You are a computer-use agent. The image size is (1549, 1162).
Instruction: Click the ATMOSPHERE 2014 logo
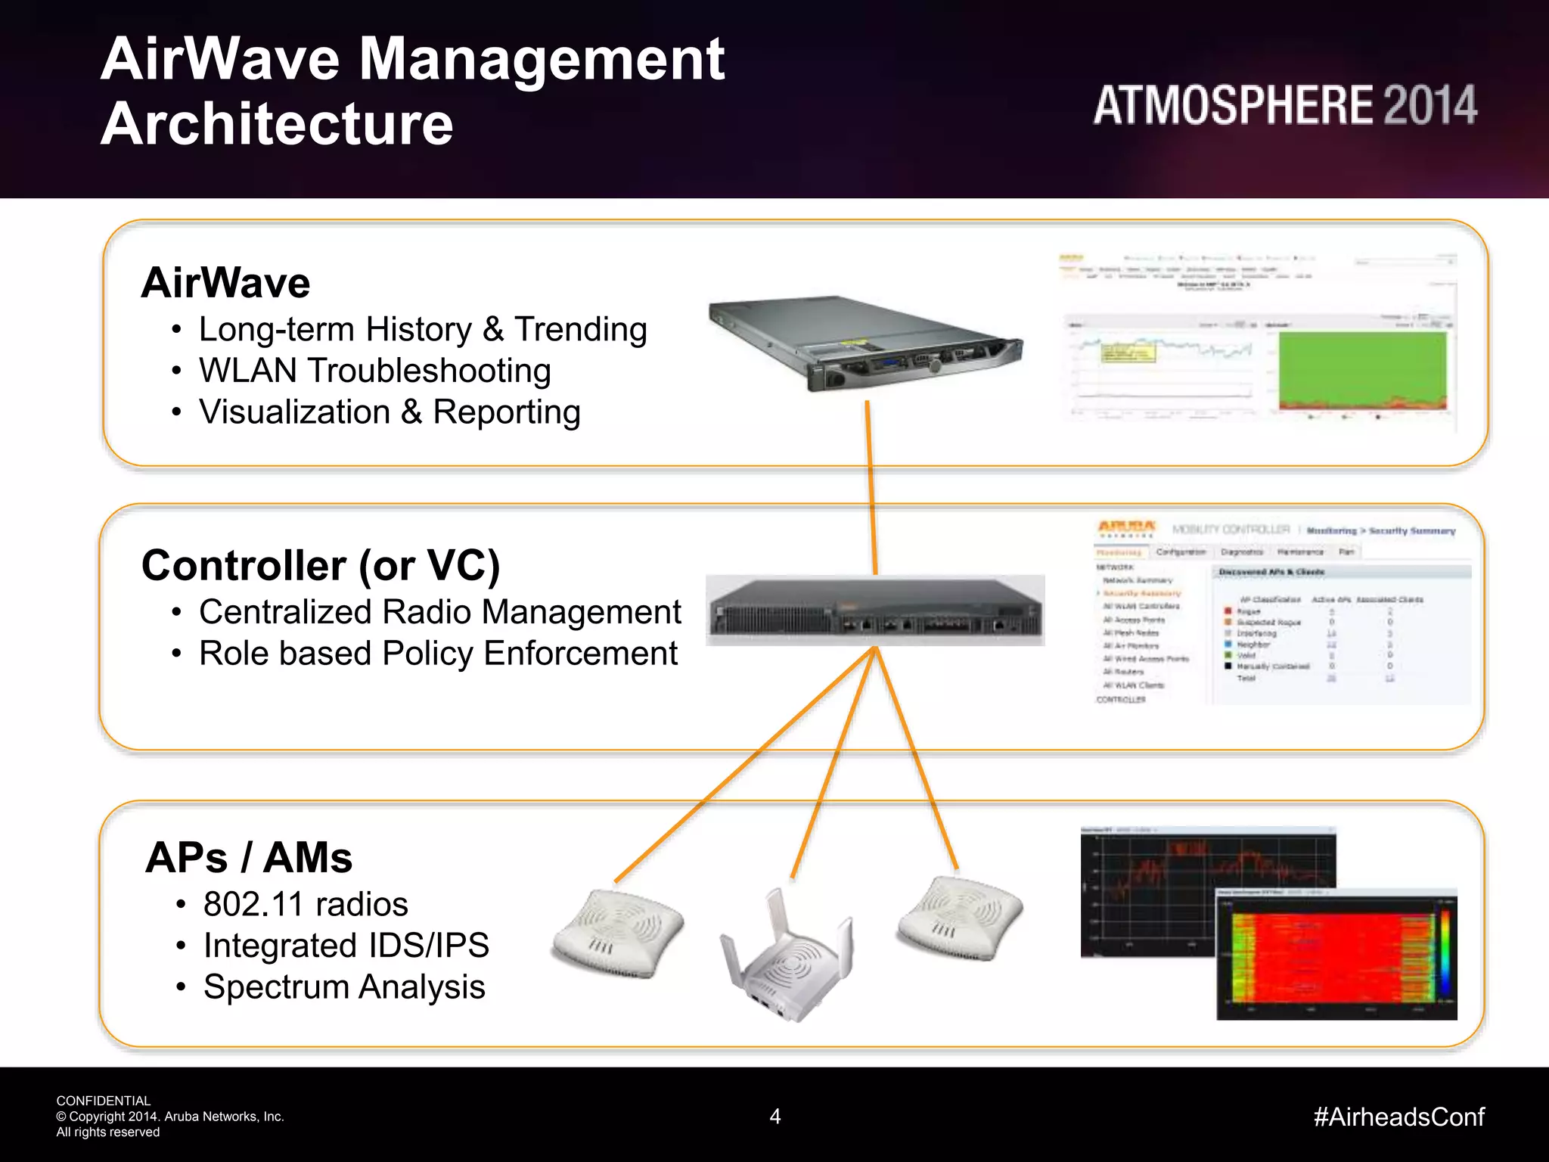click(1284, 105)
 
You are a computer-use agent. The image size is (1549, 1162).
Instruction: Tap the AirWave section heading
click(225, 283)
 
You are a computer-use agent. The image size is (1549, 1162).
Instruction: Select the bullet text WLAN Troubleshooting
click(374, 371)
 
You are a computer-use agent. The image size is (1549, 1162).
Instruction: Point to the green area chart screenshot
click(1362, 371)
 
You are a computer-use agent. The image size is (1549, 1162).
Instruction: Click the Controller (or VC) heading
click(321, 566)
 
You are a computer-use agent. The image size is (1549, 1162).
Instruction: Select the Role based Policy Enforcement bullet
click(438, 654)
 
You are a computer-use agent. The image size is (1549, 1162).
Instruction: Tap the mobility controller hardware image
click(875, 611)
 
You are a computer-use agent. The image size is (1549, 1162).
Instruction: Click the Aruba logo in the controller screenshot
click(1126, 528)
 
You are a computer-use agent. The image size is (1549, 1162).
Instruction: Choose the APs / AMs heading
click(249, 858)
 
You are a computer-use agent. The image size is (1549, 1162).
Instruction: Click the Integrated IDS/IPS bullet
click(346, 946)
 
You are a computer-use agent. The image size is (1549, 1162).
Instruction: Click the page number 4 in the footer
click(774, 1117)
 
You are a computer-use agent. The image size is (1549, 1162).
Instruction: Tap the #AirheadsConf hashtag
click(1398, 1117)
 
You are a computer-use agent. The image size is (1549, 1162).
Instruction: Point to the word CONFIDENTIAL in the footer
click(104, 1101)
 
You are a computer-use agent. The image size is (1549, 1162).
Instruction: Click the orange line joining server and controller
click(871, 488)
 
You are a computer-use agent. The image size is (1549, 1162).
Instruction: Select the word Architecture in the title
click(277, 124)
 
